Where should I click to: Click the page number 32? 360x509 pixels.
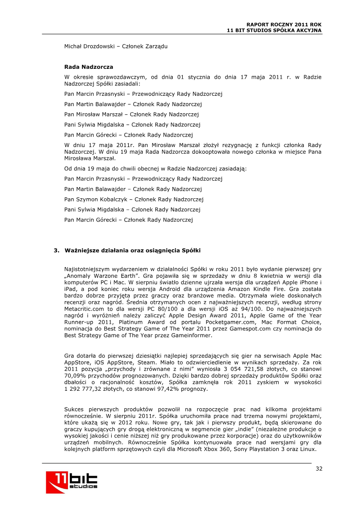[x=319, y=469]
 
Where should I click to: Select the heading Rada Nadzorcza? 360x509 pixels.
[x=89, y=67]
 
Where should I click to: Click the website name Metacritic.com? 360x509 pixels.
[x=87, y=309]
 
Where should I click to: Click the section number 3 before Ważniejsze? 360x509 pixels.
[x=56, y=250]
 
